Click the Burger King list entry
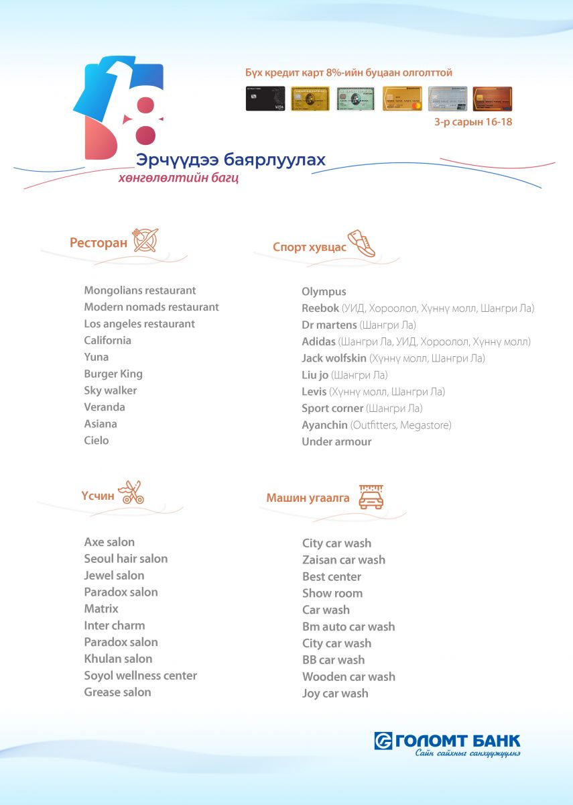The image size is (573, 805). (x=113, y=374)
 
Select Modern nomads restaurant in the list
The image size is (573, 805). (x=151, y=307)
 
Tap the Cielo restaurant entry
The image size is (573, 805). (x=97, y=441)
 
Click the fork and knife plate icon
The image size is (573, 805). (x=146, y=240)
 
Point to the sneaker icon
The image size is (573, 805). (x=361, y=244)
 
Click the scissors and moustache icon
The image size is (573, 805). (x=131, y=493)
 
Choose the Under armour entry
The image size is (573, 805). (x=336, y=442)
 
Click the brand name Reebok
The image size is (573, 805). (x=320, y=309)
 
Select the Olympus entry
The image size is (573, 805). (x=324, y=292)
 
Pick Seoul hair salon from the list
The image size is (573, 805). (x=126, y=559)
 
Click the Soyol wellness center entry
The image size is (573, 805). (x=141, y=676)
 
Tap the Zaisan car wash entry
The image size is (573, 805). (x=344, y=560)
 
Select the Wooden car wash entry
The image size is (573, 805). (x=348, y=677)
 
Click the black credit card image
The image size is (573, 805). (x=265, y=99)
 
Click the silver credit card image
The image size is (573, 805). (x=447, y=99)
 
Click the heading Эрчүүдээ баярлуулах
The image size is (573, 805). (x=231, y=160)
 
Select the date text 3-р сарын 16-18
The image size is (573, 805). (x=473, y=123)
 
